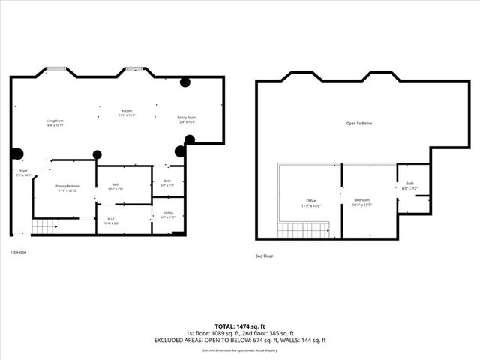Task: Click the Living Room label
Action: pos(55,121)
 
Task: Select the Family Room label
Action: pos(186,119)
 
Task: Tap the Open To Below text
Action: pos(358,123)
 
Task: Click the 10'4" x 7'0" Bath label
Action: pos(115,187)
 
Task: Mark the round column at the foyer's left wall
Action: pos(16,154)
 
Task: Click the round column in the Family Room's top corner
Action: pos(184,82)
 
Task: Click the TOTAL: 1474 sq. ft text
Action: pos(240,326)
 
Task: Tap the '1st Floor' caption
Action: pos(19,253)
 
